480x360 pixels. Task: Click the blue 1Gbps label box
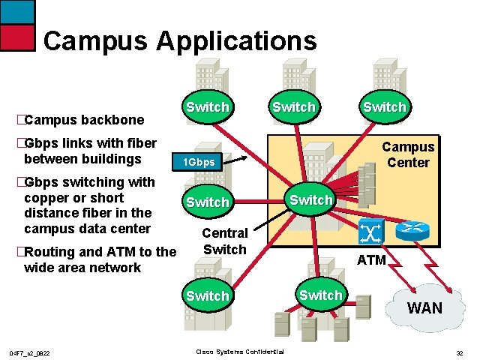point(197,161)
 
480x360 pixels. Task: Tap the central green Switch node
point(310,199)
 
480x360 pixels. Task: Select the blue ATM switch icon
point(371,231)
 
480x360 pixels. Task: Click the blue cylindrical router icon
point(412,230)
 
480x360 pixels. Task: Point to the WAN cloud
point(425,307)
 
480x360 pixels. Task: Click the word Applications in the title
point(237,41)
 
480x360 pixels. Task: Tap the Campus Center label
point(408,154)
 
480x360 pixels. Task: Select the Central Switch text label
point(225,241)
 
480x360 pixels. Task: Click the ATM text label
point(371,260)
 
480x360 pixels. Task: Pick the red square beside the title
point(17,37)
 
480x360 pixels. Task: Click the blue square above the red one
point(17,12)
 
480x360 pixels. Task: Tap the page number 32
point(460,353)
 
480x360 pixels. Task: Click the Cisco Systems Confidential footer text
point(240,352)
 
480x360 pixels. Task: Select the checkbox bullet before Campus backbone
point(21,119)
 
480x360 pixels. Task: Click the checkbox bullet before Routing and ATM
point(21,252)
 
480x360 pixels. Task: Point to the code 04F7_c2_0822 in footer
point(29,353)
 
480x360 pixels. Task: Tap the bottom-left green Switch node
point(208,295)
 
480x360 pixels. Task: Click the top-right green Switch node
point(385,106)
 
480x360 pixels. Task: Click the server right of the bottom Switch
point(363,307)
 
